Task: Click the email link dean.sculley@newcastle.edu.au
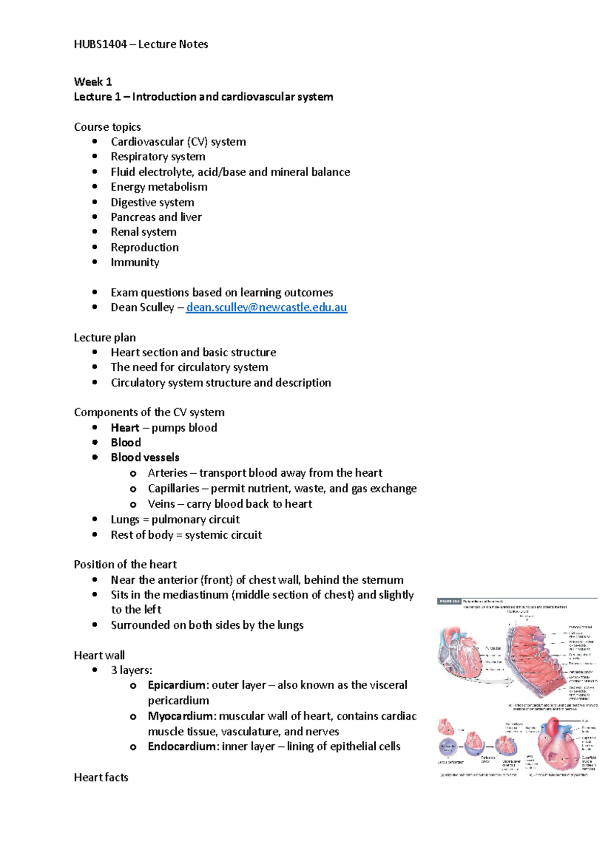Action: coord(266,307)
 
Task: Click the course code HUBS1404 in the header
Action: coord(100,44)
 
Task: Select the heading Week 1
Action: coord(93,82)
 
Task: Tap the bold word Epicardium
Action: coord(178,685)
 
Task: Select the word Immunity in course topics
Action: coord(135,262)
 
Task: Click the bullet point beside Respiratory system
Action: coord(95,157)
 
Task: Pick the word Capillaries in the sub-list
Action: coord(173,488)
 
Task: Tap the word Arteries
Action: coord(167,473)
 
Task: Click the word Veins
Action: coord(161,504)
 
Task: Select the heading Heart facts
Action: coord(101,777)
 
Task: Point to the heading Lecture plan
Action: coord(104,337)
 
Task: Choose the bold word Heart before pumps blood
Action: coord(125,428)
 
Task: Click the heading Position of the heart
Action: coord(125,564)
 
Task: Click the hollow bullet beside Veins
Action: coord(133,504)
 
